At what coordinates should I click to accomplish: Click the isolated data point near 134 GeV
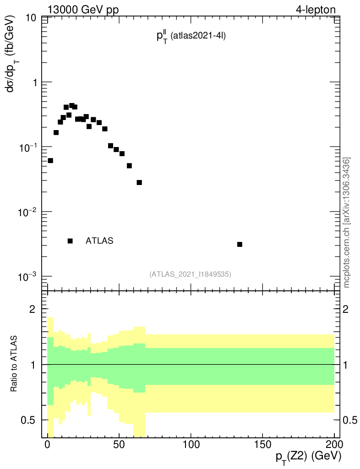point(240,244)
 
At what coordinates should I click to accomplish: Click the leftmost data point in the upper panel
point(50,160)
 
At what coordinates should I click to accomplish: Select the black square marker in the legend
point(70,241)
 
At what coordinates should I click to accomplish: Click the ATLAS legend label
point(99,241)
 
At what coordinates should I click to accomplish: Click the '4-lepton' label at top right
point(316,10)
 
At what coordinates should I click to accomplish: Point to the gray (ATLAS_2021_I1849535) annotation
point(190,274)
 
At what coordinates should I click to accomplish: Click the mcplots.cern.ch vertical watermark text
point(347,223)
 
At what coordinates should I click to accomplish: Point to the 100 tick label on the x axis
point(191,445)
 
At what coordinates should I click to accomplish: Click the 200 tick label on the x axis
point(334,445)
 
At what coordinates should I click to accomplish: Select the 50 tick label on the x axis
point(119,445)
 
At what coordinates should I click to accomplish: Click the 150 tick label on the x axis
point(262,445)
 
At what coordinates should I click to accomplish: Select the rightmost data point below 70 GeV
point(139,182)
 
